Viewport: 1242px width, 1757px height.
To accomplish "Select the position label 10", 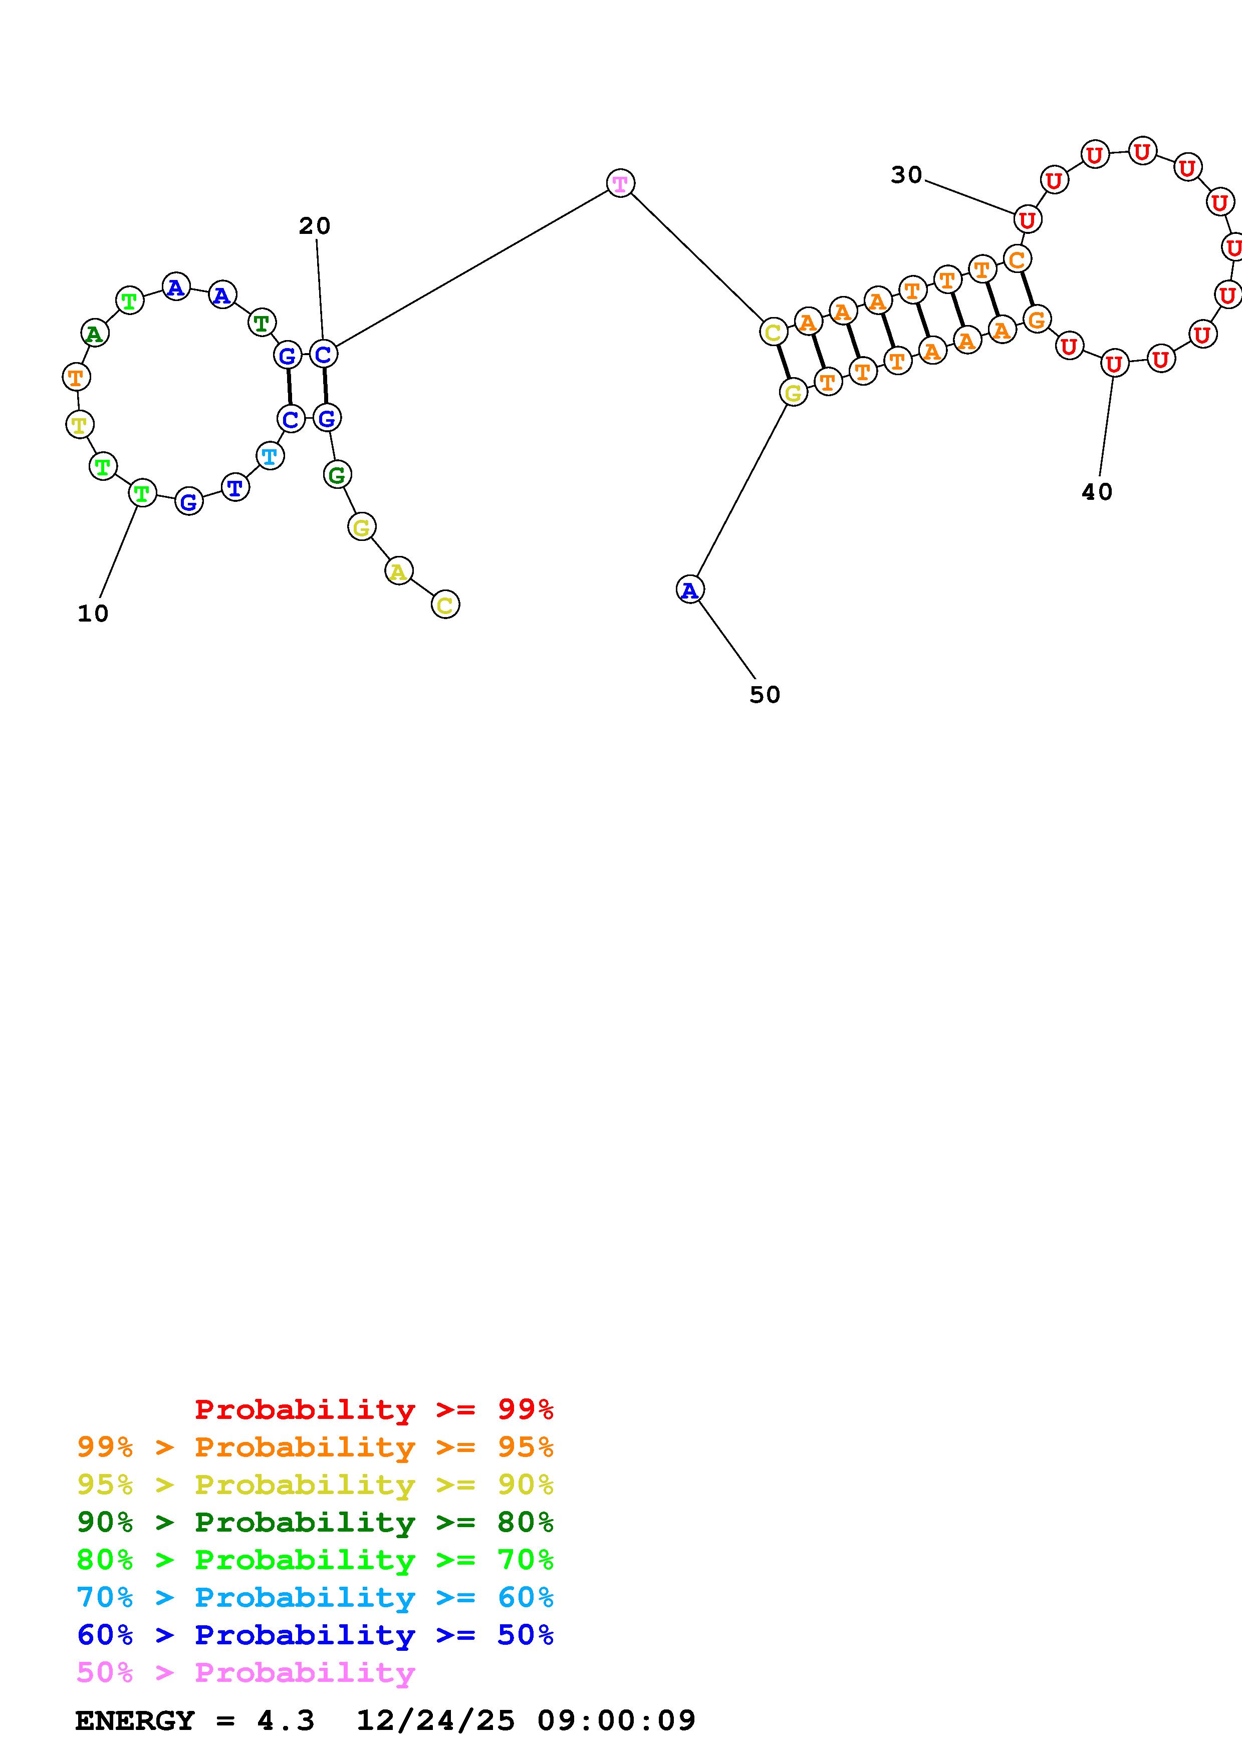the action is click(93, 614).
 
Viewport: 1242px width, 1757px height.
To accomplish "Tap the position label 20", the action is click(315, 226).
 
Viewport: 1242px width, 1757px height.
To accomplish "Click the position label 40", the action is click(1097, 492).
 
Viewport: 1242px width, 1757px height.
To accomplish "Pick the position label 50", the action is click(765, 695).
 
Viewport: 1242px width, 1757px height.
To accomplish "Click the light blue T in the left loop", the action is click(270, 457).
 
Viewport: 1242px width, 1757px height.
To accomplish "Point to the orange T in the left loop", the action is click(76, 377).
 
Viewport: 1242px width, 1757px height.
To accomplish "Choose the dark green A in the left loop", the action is click(95, 334).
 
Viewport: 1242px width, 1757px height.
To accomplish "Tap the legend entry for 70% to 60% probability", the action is click(315, 1598).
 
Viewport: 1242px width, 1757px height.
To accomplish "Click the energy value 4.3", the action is click(286, 1721).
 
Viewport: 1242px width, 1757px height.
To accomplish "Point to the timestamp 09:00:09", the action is click(616, 1721).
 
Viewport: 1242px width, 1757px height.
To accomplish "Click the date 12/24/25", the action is click(435, 1721).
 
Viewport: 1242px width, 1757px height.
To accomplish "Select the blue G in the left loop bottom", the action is click(189, 502).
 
